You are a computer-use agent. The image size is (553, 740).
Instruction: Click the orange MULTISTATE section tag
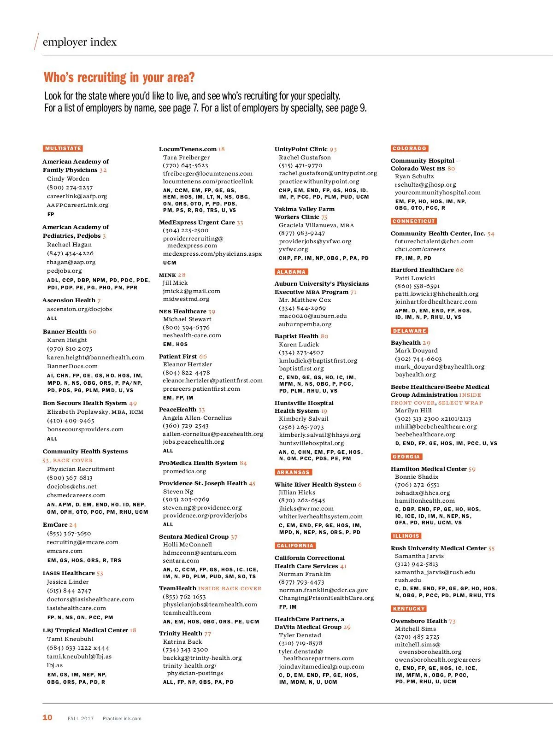click(63, 148)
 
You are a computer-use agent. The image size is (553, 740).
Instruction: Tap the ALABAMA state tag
click(291, 272)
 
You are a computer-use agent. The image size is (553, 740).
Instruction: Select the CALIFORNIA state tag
click(295, 546)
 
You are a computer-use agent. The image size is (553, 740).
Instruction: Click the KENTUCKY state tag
click(409, 609)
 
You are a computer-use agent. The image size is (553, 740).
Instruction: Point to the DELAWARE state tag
click(409, 331)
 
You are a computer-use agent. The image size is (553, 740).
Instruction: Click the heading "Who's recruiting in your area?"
click(119, 77)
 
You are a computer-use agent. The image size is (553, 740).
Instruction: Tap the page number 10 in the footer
click(47, 717)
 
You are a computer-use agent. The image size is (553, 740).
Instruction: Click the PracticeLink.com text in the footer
click(122, 718)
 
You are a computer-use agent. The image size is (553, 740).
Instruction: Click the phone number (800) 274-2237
click(70, 188)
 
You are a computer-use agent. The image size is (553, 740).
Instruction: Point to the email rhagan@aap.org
click(71, 262)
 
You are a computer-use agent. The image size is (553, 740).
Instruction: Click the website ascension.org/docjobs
click(79, 309)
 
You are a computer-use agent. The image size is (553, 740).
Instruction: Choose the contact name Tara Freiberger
click(186, 157)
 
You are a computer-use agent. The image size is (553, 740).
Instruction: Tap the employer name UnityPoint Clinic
click(301, 149)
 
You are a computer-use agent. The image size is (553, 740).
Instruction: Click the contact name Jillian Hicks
click(297, 492)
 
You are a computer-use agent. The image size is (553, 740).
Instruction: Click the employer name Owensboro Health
click(418, 621)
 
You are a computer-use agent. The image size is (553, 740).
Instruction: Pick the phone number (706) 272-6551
click(417, 485)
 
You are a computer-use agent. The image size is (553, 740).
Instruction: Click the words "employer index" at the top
click(79, 42)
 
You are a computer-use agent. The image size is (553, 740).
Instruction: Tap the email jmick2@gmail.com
click(191, 291)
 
